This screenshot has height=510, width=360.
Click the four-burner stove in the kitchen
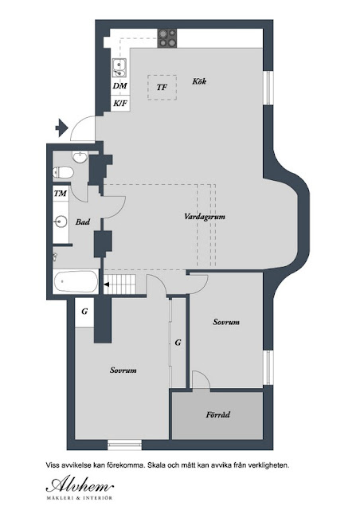[167, 38]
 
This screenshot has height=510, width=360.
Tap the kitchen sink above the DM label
[119, 68]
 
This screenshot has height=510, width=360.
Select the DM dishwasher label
[120, 86]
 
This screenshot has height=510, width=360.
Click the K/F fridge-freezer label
[120, 104]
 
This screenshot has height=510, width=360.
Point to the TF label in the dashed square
[162, 87]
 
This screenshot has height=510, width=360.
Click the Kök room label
[199, 81]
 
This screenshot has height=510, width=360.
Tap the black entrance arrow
[61, 127]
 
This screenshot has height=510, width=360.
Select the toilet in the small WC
[63, 172]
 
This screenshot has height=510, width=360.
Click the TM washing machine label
[61, 194]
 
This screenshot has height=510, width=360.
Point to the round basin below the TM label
[61, 222]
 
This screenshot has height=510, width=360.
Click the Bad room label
[83, 222]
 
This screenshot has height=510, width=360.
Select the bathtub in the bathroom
[76, 281]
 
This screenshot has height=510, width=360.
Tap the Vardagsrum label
[205, 217]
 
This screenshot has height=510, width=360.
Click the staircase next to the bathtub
[119, 284]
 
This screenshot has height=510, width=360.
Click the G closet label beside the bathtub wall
[84, 312]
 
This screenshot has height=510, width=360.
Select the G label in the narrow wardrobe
[178, 343]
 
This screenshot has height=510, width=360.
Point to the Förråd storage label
[218, 414]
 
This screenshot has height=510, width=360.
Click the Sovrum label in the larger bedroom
[123, 370]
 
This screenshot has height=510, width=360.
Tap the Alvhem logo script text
[80, 485]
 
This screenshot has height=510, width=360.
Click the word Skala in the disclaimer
[155, 465]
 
